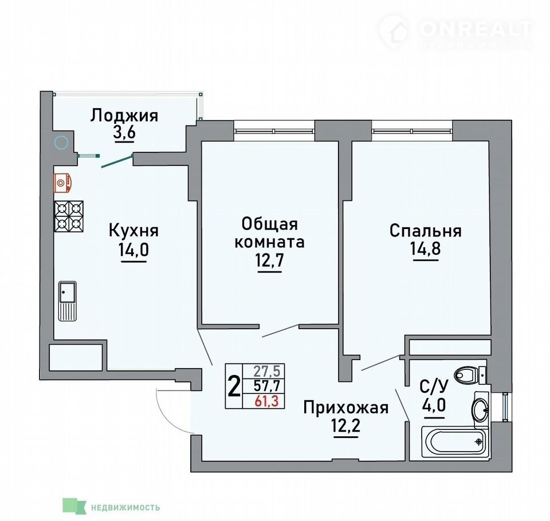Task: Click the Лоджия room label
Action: coord(124,116)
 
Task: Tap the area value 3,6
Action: coord(124,133)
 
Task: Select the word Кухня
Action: coord(133,231)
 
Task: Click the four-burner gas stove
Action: coord(69,216)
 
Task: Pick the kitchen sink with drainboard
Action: coord(68,301)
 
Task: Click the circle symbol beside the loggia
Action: coord(62,143)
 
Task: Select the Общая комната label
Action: coord(269,233)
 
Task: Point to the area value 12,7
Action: coord(269,260)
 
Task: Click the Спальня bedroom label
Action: coord(425,231)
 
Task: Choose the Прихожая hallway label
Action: coord(346,408)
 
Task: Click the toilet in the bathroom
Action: coord(469,376)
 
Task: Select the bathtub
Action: coord(454,442)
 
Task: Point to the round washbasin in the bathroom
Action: coord(481,409)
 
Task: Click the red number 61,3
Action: coord(266,401)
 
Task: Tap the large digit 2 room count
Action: coord(234,386)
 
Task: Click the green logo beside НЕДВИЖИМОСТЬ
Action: coord(74,506)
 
